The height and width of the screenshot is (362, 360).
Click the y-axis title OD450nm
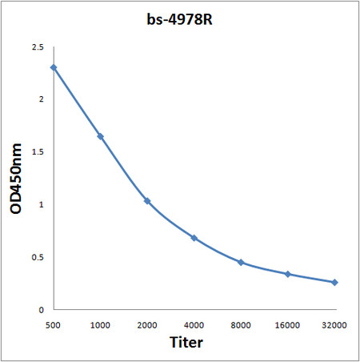pyautogui.click(x=17, y=179)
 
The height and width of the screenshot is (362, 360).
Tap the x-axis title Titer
pyautogui.click(x=186, y=343)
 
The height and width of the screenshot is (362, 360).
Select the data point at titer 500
pyautogui.click(x=54, y=67)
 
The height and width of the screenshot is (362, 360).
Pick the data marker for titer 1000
pyautogui.click(x=101, y=137)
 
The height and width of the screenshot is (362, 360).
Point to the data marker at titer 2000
pyautogui.click(x=147, y=200)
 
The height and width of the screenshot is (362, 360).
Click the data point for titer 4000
pyautogui.click(x=194, y=238)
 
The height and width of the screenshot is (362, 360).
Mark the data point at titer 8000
pyautogui.click(x=241, y=262)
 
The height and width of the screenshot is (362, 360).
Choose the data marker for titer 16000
pyautogui.click(x=288, y=274)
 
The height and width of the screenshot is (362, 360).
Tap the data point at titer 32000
pyautogui.click(x=334, y=282)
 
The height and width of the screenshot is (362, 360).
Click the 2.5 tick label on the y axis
pyautogui.click(x=38, y=48)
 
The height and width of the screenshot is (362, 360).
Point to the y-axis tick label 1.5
pyautogui.click(x=38, y=152)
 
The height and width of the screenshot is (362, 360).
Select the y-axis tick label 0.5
pyautogui.click(x=38, y=257)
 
